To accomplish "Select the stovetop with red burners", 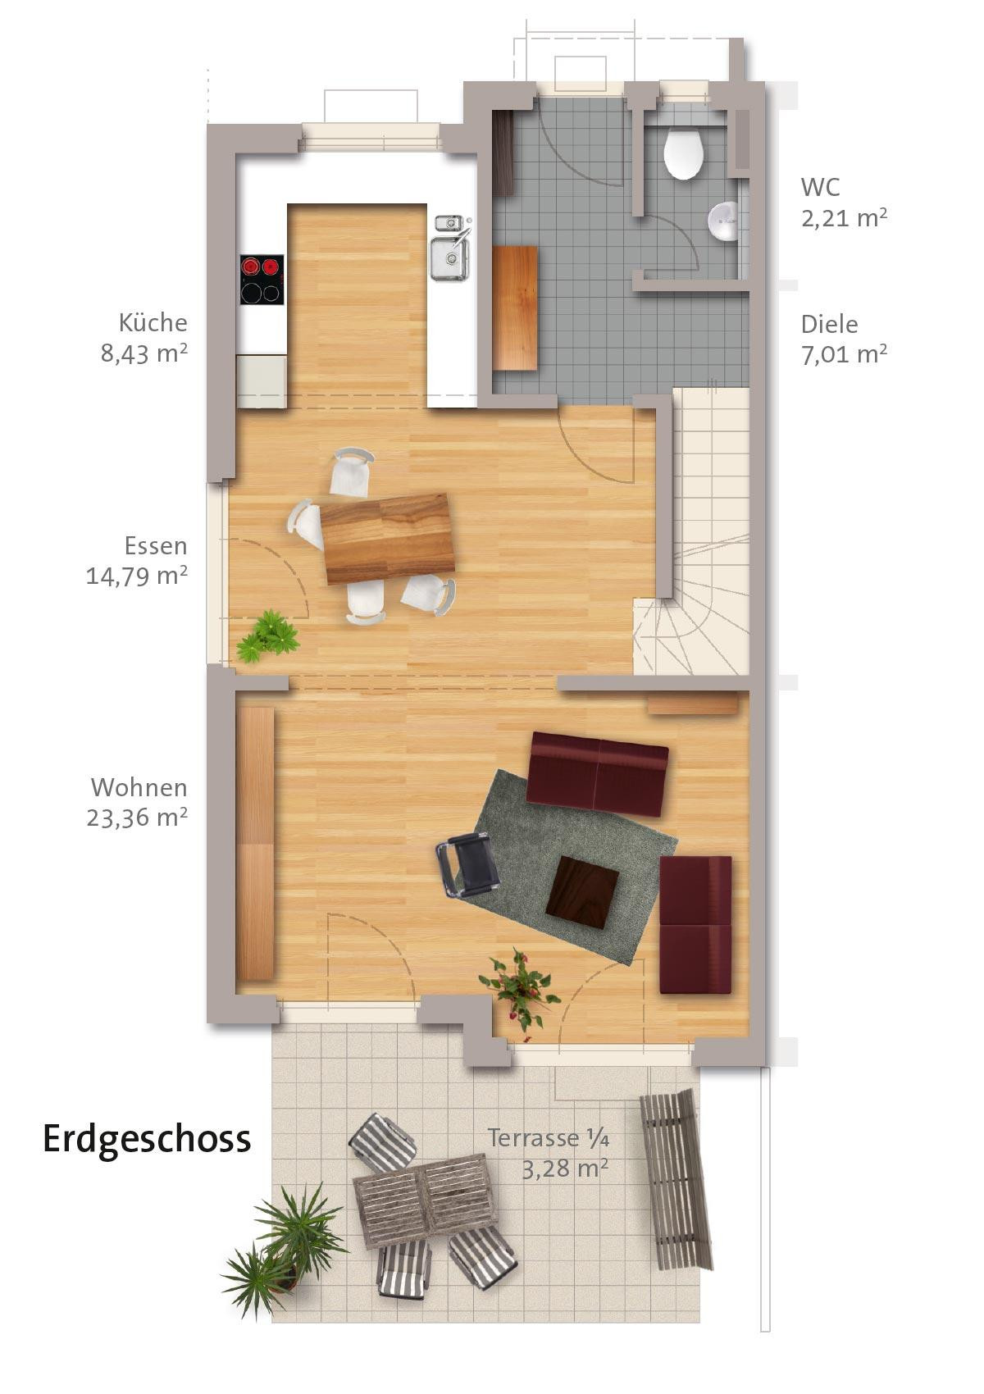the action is (262, 280).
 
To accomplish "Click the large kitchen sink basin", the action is (449, 258).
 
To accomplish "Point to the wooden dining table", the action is (386, 538).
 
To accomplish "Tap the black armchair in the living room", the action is (468, 866).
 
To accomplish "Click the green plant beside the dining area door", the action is (267, 635).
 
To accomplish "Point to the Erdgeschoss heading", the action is (147, 1140).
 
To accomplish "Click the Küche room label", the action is (153, 322).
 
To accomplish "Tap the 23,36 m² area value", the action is (137, 817).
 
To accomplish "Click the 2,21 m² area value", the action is (844, 218).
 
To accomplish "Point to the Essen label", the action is (156, 546).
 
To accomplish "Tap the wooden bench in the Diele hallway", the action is (514, 308).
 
